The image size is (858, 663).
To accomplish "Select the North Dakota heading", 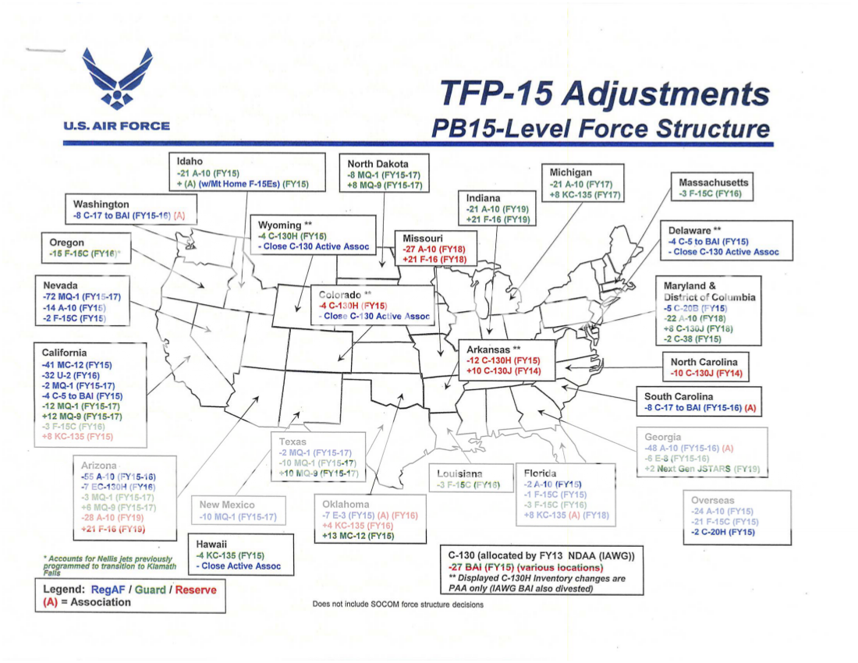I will click(378, 164).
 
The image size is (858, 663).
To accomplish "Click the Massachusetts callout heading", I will click(714, 183).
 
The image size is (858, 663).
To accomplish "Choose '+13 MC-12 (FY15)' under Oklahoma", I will click(358, 536).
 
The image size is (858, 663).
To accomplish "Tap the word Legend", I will click(64, 589).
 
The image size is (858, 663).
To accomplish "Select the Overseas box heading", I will click(713, 499).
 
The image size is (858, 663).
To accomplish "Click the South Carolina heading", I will click(679, 397).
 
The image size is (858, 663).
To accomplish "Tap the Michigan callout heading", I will click(571, 172).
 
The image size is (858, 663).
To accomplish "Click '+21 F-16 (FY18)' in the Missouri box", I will click(435, 258).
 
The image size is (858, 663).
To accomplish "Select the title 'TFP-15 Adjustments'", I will click(604, 94).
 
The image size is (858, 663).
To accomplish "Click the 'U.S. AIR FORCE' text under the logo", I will click(117, 126).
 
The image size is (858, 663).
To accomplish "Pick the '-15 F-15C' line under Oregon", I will click(80, 254).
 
